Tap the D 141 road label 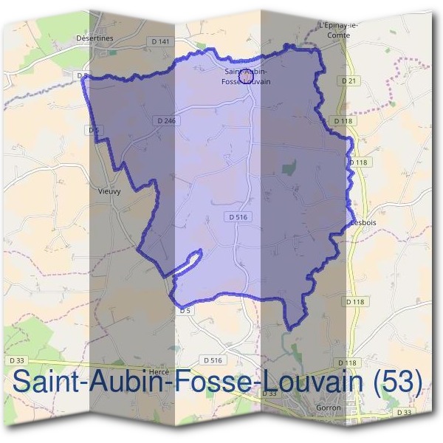pos(159,41)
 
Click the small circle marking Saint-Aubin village pos(249,73)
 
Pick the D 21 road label pos(349,79)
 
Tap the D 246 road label pos(167,120)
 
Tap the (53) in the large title pos(396,382)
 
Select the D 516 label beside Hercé pos(212,360)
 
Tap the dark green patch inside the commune pos(289,168)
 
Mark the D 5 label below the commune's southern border pos(185,311)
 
